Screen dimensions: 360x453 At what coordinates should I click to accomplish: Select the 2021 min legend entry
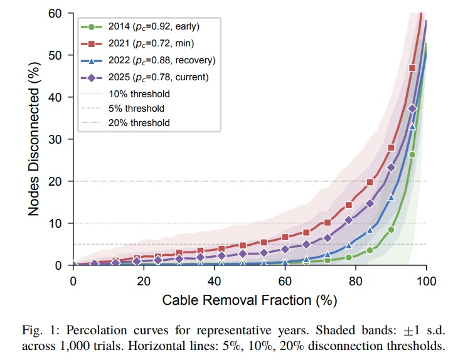click(151, 43)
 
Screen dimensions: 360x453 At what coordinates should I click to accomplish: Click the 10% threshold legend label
click(139, 94)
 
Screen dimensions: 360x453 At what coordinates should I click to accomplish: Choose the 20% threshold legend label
click(139, 123)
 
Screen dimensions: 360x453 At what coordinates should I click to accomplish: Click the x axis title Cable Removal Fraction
click(249, 299)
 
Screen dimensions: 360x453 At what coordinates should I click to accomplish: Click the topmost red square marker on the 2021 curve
click(412, 68)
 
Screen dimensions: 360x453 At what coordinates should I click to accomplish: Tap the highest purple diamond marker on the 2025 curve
click(412, 109)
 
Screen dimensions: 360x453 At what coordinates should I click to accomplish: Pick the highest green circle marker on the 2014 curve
click(412, 154)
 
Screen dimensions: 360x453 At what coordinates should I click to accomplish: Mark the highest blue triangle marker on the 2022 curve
click(412, 126)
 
